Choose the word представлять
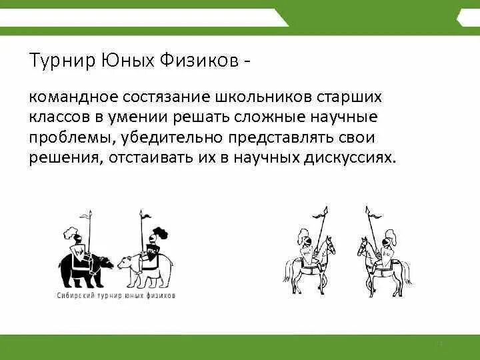click(x=285, y=138)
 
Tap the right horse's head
click(x=363, y=249)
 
